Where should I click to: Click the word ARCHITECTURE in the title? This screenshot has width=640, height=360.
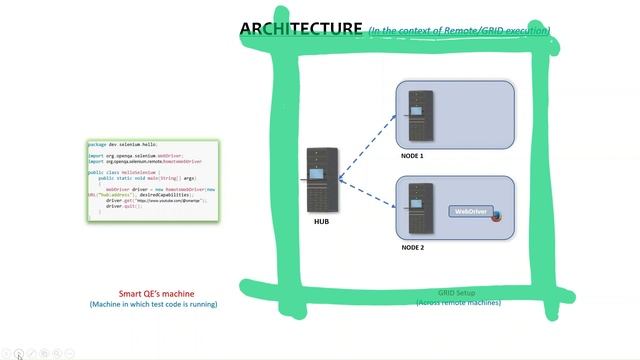(x=300, y=28)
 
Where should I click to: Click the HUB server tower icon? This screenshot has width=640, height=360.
(x=321, y=181)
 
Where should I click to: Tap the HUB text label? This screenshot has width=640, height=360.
(x=321, y=222)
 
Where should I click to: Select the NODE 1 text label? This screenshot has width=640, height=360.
(x=412, y=157)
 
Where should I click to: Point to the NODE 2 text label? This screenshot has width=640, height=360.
(x=412, y=247)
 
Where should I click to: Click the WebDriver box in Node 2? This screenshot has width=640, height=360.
(x=471, y=212)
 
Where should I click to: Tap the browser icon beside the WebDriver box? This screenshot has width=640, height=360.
(x=497, y=216)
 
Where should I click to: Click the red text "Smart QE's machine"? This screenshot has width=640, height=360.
(x=154, y=294)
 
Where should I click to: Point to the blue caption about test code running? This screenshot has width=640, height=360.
(x=153, y=304)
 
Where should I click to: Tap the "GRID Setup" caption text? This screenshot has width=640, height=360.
(x=456, y=293)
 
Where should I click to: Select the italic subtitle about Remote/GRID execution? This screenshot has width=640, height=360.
(x=458, y=31)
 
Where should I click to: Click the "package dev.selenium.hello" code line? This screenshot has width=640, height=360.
(x=122, y=144)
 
